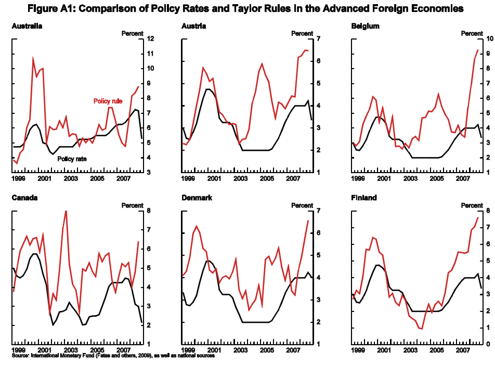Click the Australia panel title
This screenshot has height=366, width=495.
click(27, 26)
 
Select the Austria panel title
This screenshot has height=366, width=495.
click(194, 26)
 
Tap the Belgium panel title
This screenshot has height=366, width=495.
click(365, 26)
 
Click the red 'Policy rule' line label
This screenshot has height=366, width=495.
click(108, 101)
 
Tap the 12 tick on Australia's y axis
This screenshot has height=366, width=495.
click(150, 39)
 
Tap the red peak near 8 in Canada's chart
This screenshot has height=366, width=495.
click(66, 211)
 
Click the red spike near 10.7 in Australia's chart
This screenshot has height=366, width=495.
click(33, 58)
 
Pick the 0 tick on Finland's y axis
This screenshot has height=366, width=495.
click(487, 344)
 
